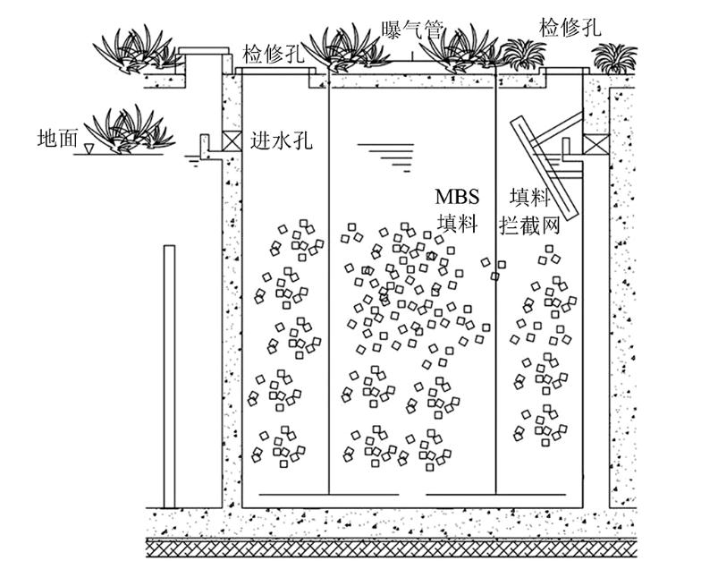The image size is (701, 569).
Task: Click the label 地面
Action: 56,140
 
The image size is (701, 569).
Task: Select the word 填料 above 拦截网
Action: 528,197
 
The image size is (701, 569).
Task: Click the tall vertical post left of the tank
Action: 169,376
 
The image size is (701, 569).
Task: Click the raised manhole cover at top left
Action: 198,52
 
